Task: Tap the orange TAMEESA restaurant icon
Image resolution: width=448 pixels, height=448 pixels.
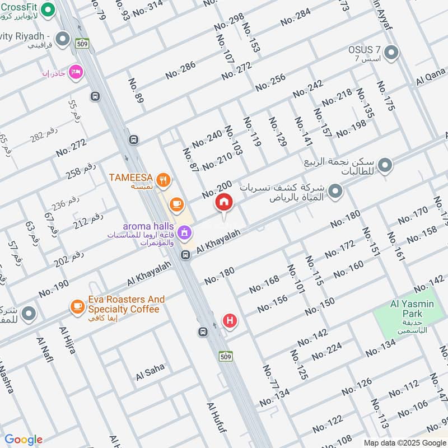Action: (164, 180)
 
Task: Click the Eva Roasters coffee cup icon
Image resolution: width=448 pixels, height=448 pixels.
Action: (77, 307)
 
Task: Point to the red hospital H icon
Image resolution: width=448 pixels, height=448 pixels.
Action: (230, 321)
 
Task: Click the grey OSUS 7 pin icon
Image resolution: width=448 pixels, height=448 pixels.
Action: (392, 53)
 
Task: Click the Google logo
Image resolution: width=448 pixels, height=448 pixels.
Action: (24, 440)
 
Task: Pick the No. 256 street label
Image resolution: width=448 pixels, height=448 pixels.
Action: (270, 82)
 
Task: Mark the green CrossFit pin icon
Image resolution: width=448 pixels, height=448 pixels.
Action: (48, 10)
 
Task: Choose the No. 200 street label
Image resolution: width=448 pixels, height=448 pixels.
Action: (216, 190)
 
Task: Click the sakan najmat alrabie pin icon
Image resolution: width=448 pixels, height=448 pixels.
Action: (385, 165)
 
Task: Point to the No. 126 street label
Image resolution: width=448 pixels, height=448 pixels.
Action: (356, 387)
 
